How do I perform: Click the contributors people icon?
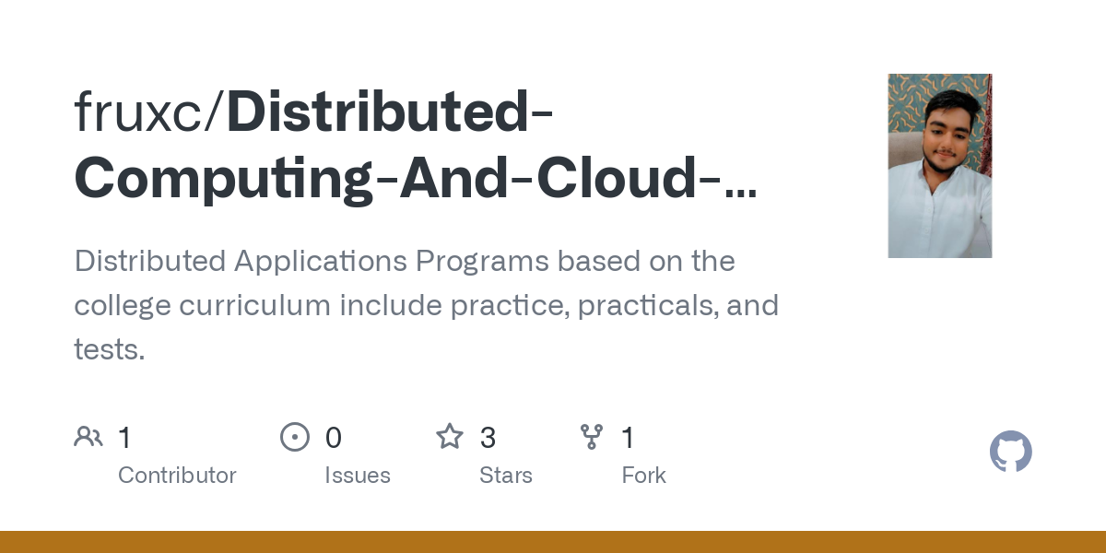(88, 437)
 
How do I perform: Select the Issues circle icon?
(295, 437)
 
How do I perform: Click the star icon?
(450, 437)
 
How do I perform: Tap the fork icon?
(592, 437)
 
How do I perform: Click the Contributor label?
(177, 475)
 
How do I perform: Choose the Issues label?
(358, 475)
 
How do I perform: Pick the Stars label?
(506, 475)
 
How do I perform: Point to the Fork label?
(643, 475)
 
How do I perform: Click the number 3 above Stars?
(488, 437)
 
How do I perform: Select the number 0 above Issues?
(334, 437)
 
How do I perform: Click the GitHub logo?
(1011, 452)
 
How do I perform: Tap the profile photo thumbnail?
(939, 166)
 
